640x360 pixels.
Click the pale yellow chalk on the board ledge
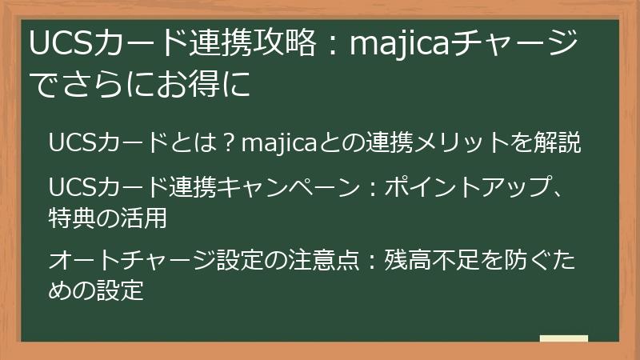[x=563, y=338]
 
